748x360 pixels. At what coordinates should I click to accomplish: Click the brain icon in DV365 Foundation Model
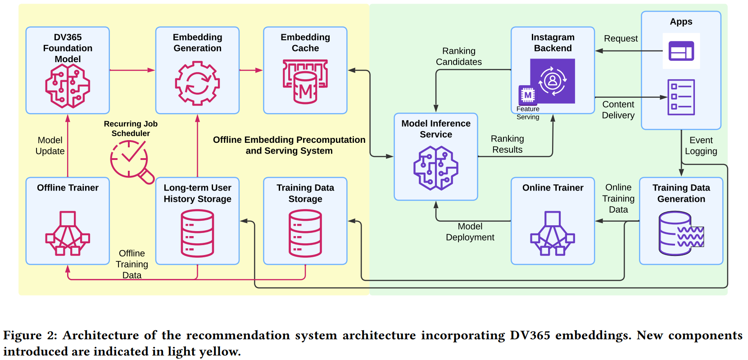click(x=68, y=86)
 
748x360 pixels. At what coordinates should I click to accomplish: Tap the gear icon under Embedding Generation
click(x=197, y=83)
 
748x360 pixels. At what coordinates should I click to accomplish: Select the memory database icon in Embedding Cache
click(x=305, y=82)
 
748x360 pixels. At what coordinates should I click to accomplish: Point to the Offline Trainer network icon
click(x=68, y=233)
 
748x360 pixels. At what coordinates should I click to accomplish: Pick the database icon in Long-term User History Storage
click(x=197, y=233)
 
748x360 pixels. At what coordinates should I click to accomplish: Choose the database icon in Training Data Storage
click(x=305, y=233)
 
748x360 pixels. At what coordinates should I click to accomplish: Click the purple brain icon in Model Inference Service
click(x=436, y=168)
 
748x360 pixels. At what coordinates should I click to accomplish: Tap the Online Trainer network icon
click(x=553, y=233)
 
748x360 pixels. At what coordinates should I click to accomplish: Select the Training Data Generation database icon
click(x=681, y=233)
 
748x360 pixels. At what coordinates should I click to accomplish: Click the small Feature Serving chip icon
click(x=528, y=95)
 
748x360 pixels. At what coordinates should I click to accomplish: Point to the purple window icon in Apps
click(x=681, y=51)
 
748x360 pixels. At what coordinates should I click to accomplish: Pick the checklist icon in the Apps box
click(x=681, y=97)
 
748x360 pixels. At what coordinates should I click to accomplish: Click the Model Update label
click(x=50, y=146)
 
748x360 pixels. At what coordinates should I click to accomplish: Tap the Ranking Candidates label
click(x=459, y=56)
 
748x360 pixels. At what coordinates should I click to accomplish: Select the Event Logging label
click(x=701, y=146)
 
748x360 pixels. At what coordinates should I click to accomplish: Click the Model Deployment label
click(x=470, y=232)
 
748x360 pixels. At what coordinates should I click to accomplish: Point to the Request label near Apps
click(x=621, y=38)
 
